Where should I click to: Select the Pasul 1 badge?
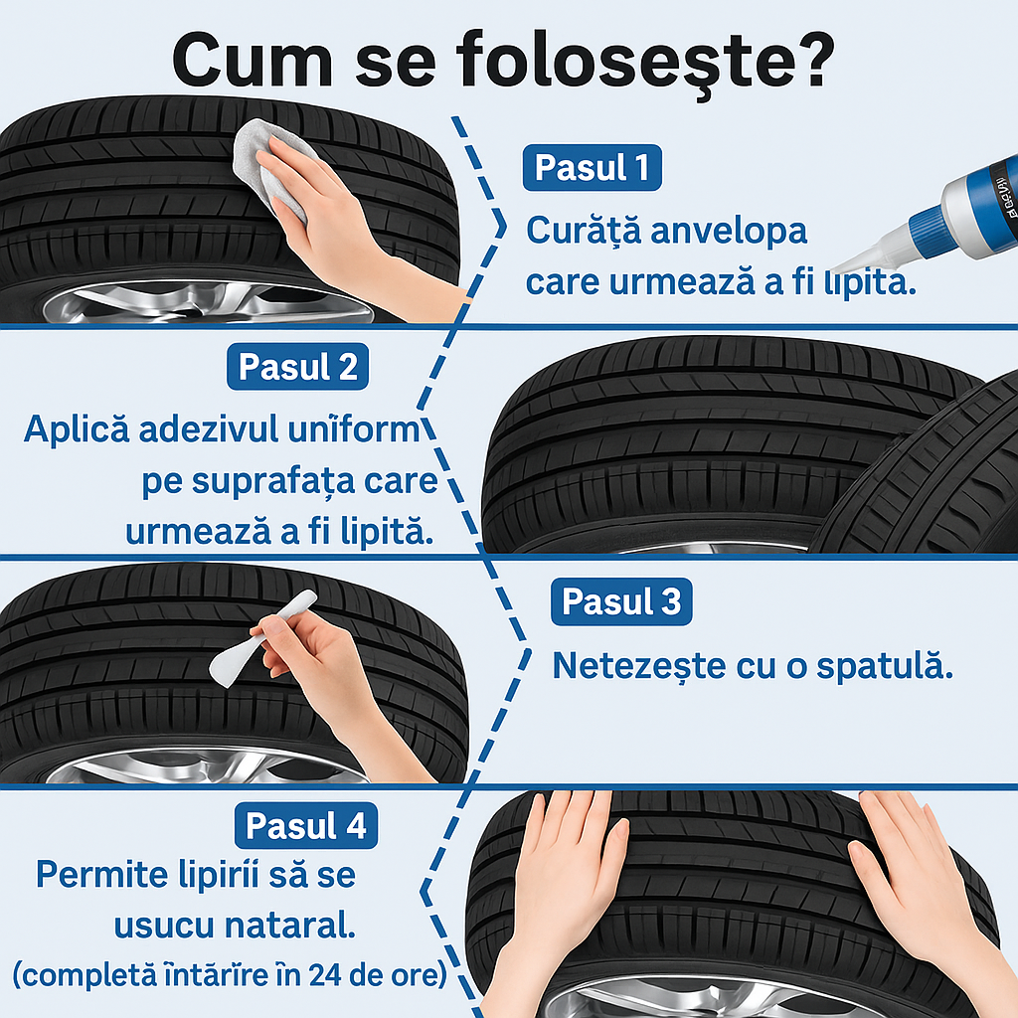(x=592, y=169)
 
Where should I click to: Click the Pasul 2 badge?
(x=298, y=368)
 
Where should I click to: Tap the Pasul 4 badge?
(x=306, y=826)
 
